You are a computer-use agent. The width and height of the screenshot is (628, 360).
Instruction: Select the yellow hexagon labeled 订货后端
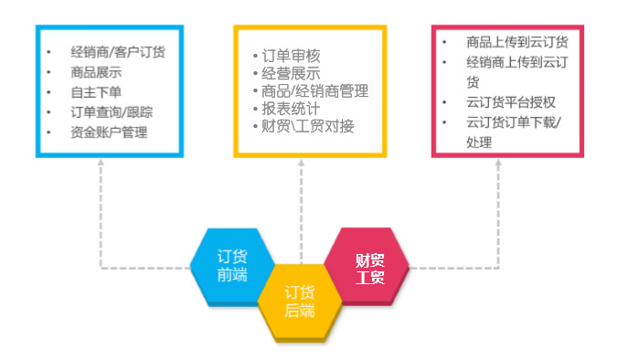click(299, 302)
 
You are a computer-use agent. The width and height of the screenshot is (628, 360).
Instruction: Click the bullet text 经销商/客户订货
click(117, 51)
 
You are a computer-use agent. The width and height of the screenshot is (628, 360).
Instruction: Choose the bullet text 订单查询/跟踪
click(112, 112)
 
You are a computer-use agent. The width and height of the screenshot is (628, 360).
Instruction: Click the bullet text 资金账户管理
click(108, 132)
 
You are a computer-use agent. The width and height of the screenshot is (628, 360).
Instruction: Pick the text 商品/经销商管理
click(314, 91)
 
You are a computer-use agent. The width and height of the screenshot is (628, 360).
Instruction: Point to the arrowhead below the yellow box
click(300, 166)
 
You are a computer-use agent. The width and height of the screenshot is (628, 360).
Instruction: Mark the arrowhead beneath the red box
click(498, 166)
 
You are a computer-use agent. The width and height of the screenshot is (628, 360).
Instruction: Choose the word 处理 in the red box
click(478, 143)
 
